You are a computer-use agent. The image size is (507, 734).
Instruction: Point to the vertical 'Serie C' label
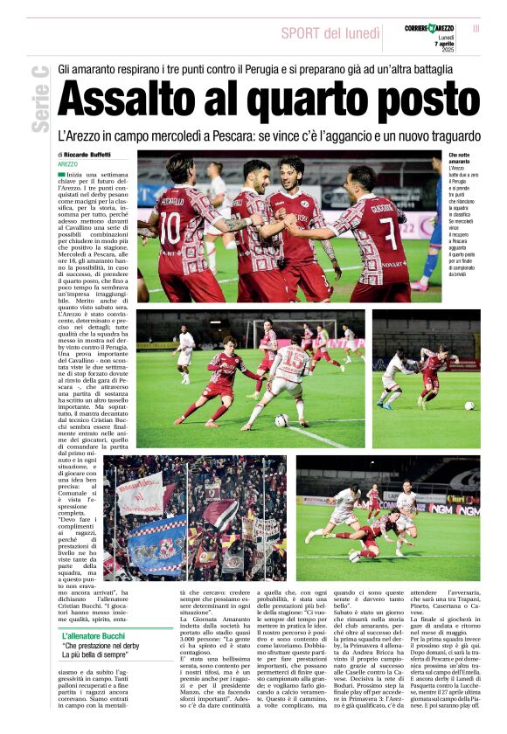pos(39,99)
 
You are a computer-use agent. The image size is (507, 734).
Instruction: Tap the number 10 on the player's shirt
pos(170,227)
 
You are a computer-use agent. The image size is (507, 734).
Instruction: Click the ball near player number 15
pos(281,420)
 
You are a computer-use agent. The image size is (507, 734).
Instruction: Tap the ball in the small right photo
pos(469,405)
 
